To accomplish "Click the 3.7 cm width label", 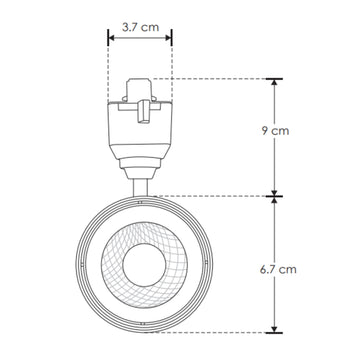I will coord(139,16).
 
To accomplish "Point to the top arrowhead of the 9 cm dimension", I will coord(271,81).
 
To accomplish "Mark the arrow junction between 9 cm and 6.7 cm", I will coord(271,196).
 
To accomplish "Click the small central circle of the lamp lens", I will coord(140,266).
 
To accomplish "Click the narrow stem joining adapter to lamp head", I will coord(140,184).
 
